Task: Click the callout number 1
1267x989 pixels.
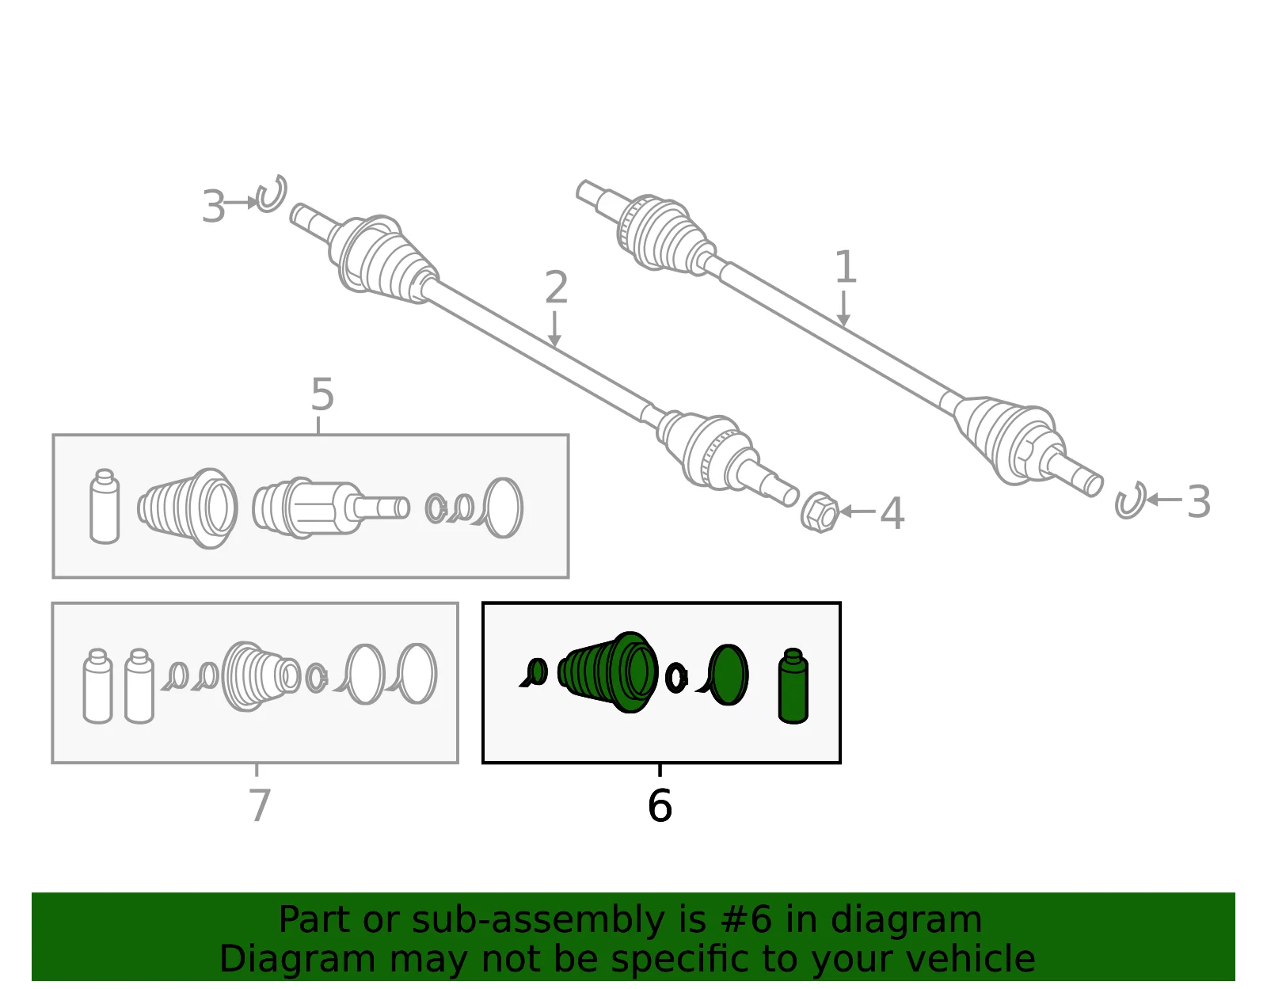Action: (846, 266)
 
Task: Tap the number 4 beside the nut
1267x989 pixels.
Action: (892, 513)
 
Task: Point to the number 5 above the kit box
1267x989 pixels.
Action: (322, 394)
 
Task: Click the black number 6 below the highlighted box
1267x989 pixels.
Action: (660, 806)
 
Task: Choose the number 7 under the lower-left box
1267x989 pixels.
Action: (260, 805)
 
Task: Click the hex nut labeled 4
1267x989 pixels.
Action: (820, 512)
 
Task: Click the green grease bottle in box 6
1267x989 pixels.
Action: (793, 686)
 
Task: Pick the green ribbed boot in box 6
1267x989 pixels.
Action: (608, 672)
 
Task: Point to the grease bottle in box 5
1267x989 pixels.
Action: (105, 507)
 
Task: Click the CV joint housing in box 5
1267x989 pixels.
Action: (330, 508)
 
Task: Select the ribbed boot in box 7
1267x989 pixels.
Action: (261, 676)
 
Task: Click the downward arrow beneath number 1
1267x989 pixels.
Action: (843, 308)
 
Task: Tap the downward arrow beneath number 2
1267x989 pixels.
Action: (554, 329)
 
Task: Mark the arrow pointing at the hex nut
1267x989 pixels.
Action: (858, 512)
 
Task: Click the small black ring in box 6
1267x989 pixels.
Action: (676, 678)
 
